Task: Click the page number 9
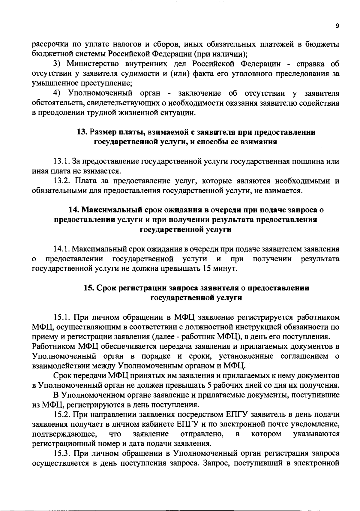[x=337, y=26]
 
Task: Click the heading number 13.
[x=82, y=132]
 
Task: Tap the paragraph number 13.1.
[x=62, y=162]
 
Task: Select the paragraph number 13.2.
[x=62, y=181]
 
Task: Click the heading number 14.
[x=73, y=210]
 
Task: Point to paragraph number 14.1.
[x=62, y=249]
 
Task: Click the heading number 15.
[x=89, y=288]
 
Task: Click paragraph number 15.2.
[x=62, y=415]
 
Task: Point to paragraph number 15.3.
[x=62, y=454]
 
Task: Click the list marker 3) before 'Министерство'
[x=57, y=64]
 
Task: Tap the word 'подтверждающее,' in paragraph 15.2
[x=64, y=434]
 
